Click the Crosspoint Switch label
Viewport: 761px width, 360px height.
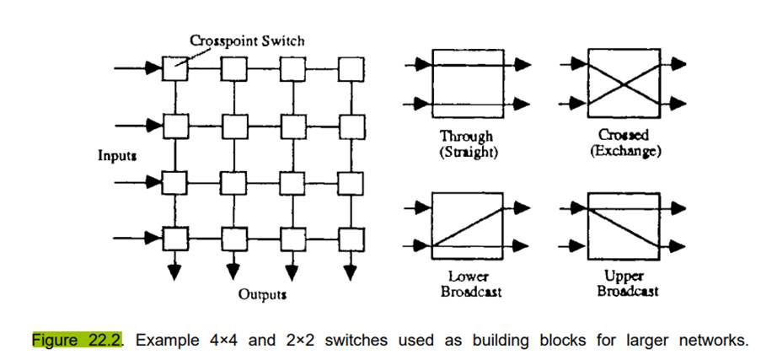click(246, 40)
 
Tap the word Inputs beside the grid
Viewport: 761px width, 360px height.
click(118, 156)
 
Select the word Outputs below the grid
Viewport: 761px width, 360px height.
click(261, 295)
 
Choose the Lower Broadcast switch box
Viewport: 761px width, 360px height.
click(466, 225)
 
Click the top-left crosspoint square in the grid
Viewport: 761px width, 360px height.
click(175, 67)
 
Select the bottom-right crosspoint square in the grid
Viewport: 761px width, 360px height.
click(350, 239)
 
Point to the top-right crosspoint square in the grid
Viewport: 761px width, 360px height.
click(350, 67)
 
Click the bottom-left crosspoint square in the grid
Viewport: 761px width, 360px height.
click(175, 239)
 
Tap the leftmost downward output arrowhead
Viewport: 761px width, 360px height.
click(175, 271)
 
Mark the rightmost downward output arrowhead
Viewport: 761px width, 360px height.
click(350, 271)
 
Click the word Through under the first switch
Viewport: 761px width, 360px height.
click(466, 136)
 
